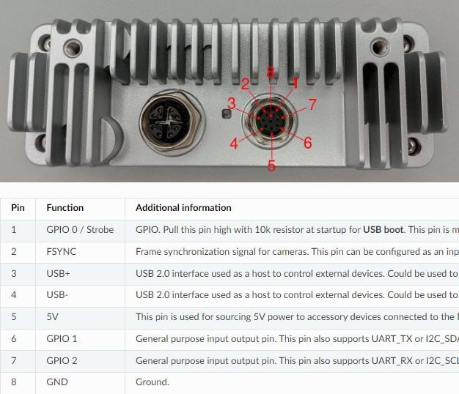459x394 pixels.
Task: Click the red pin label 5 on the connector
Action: pos(271,166)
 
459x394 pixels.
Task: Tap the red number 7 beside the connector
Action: pos(312,105)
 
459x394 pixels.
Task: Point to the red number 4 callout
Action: pos(234,144)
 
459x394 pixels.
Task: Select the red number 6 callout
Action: pos(307,143)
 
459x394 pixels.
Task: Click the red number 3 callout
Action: pos(231,103)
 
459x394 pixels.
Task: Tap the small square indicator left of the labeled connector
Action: pos(227,114)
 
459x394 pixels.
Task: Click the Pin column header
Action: pos(18,208)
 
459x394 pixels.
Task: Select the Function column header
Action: pos(65,208)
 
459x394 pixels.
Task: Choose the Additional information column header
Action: pos(183,208)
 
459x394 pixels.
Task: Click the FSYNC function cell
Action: pos(61,251)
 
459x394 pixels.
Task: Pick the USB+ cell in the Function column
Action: pos(59,273)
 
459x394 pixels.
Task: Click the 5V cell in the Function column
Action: pos(53,317)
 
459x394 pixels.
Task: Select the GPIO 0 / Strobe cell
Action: pos(80,230)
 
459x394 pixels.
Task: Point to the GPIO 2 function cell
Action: pos(62,360)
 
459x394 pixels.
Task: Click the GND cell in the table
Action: pos(56,382)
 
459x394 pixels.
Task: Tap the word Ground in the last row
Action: pos(152,382)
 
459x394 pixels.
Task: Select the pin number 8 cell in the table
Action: pos(13,382)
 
